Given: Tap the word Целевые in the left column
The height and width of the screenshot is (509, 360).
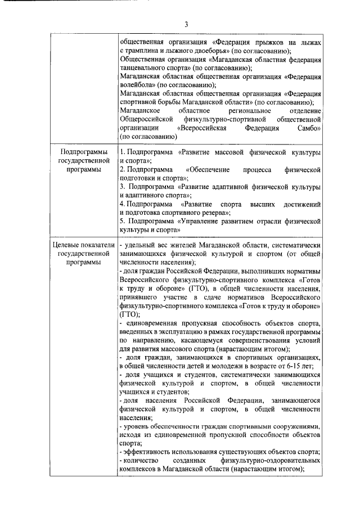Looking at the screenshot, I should click(x=66, y=245).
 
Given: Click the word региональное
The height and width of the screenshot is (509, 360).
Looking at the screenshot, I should click(x=250, y=111).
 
